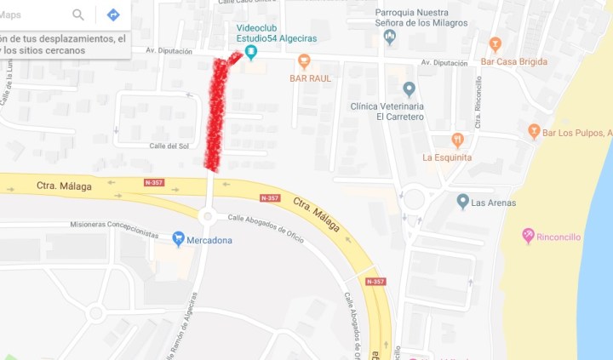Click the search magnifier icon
point(78,14)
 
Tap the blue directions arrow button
point(112,14)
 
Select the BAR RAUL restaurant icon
point(304,61)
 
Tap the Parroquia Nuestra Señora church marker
point(390,37)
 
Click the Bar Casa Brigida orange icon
point(496,43)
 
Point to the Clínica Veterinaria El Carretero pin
point(409,89)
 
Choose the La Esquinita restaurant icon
point(457,140)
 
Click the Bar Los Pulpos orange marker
point(534,132)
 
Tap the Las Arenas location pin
point(462,202)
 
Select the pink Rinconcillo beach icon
point(528,236)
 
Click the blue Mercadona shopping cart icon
point(178,238)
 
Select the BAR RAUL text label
point(310,78)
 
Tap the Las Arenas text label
point(493,203)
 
